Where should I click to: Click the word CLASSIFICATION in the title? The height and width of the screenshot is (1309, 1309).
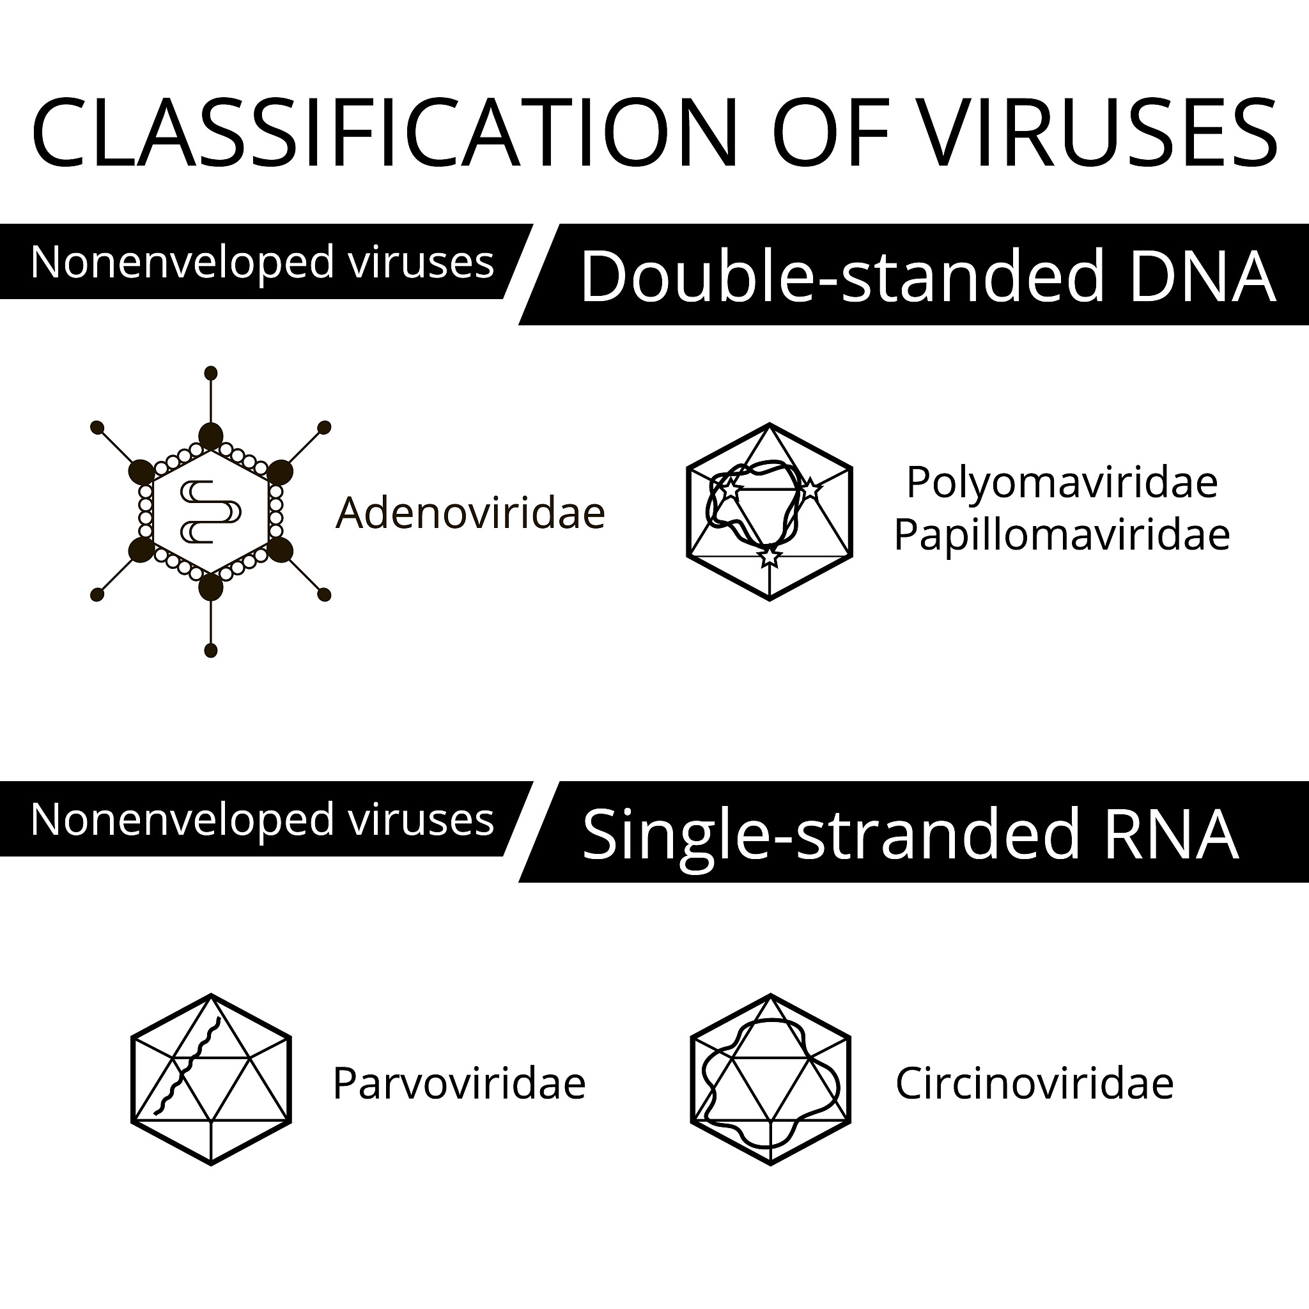(x=384, y=132)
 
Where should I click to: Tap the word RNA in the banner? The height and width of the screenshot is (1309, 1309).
(x=1172, y=834)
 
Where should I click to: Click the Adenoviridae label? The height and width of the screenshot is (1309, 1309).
(x=470, y=512)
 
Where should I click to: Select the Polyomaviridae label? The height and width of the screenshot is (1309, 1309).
(x=1062, y=483)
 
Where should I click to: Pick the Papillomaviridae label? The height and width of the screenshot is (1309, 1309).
(x=1062, y=535)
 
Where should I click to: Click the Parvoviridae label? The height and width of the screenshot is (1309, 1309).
(x=459, y=1083)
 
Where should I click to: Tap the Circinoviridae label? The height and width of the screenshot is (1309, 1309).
(x=1034, y=1083)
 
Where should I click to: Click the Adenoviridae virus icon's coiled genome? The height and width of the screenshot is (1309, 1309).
(x=211, y=511)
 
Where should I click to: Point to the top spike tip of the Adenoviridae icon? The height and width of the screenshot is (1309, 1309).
(x=211, y=373)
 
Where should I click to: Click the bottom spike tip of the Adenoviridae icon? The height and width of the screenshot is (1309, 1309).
(x=211, y=651)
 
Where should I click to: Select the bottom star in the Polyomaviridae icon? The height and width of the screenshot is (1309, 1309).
(x=770, y=556)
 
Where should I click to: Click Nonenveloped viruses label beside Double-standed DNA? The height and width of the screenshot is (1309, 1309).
(x=262, y=261)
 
